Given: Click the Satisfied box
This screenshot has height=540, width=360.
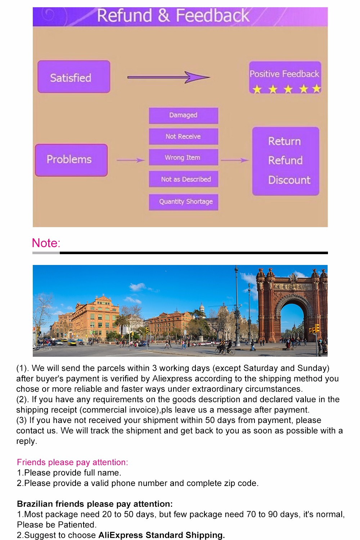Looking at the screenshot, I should click(74, 77).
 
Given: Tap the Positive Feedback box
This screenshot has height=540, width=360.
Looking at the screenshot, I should click(284, 77).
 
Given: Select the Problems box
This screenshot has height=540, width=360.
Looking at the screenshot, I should click(71, 160).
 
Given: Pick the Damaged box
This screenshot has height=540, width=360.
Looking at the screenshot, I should click(183, 115).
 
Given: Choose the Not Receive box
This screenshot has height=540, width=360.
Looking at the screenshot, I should click(183, 136).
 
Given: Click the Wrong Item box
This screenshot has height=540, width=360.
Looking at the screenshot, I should click(183, 157).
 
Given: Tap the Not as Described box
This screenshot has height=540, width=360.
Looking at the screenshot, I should click(183, 179).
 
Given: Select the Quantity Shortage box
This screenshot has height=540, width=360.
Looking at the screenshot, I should click(183, 202).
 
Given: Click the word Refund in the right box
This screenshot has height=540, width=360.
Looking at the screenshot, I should click(285, 160).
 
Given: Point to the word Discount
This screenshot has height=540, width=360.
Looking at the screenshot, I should click(289, 180).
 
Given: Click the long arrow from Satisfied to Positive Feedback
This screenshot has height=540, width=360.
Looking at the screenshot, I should click(168, 77).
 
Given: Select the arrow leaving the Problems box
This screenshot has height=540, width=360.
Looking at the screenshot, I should click(130, 160).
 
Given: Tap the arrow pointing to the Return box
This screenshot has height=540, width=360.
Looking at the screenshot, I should click(234, 160).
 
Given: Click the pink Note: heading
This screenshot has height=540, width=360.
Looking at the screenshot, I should click(46, 243).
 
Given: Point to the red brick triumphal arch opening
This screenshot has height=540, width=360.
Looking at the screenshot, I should click(292, 320).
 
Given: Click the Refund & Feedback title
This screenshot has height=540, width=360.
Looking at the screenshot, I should click(173, 16).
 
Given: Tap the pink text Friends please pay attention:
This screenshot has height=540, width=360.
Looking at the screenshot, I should click(72, 462).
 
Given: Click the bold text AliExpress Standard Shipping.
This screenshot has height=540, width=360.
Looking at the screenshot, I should click(162, 535).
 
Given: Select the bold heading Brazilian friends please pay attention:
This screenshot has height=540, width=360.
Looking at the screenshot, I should click(95, 504).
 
